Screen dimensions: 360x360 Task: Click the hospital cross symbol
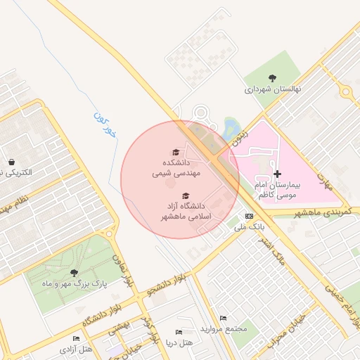(278, 173)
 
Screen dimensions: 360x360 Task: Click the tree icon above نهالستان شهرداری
(273, 78)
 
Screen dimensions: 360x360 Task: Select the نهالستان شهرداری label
(272, 90)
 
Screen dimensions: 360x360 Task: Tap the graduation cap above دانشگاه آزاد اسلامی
(186, 196)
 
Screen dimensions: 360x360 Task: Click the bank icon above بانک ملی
(249, 216)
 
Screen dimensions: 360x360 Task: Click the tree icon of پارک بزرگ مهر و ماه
(74, 273)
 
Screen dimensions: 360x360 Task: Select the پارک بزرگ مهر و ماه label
(75, 285)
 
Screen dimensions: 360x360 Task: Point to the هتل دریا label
(179, 343)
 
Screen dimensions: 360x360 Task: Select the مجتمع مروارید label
(224, 329)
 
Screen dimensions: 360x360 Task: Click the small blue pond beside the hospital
(230, 127)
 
